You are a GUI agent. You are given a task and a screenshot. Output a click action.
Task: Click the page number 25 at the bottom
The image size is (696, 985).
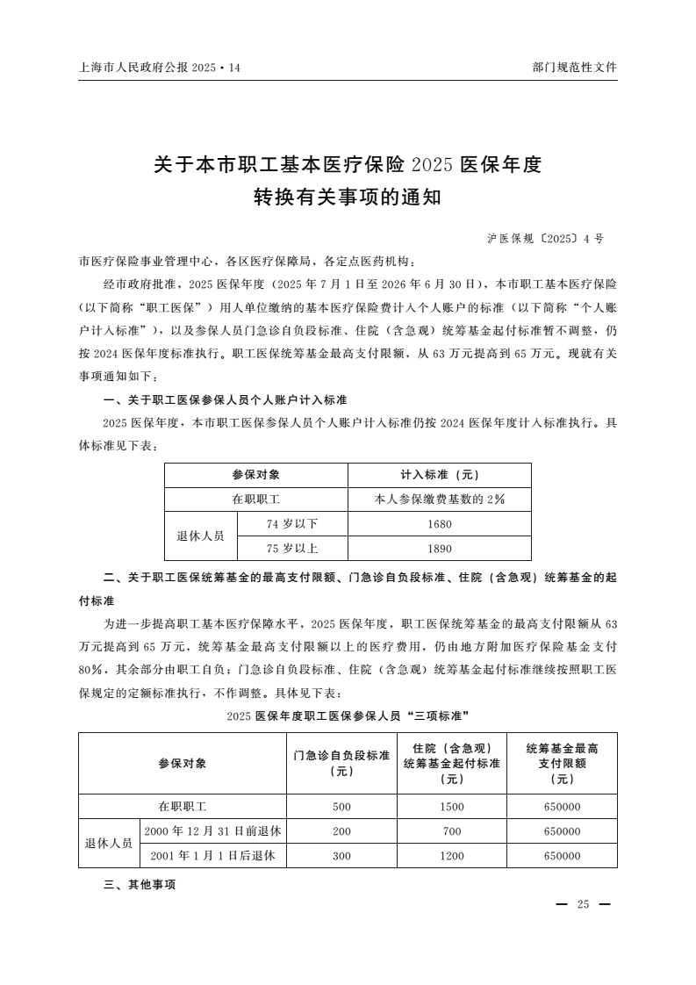click(583, 905)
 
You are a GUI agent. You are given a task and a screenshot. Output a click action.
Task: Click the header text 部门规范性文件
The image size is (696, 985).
click(574, 67)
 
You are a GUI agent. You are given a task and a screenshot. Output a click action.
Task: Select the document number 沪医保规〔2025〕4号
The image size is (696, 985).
click(545, 238)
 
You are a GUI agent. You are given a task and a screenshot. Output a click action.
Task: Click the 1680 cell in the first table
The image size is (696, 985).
click(439, 524)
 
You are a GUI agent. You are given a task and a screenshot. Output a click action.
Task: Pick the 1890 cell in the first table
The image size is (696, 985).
click(439, 549)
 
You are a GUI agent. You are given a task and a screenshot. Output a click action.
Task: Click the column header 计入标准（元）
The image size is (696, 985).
click(439, 475)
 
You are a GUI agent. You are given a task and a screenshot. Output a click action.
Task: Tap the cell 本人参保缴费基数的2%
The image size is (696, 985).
click(439, 500)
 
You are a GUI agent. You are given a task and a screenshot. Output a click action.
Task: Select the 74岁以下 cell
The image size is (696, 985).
click(292, 524)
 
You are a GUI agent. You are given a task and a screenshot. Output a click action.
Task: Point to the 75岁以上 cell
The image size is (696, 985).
click(292, 549)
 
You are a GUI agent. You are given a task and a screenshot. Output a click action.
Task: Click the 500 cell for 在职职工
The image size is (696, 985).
click(341, 806)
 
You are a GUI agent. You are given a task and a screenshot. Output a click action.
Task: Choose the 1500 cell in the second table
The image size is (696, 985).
click(451, 806)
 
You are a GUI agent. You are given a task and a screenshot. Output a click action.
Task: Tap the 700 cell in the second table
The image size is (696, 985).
click(451, 830)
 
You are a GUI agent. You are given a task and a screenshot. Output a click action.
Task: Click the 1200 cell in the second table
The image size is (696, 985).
click(451, 855)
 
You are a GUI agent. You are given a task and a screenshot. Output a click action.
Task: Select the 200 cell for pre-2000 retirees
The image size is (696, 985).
click(341, 830)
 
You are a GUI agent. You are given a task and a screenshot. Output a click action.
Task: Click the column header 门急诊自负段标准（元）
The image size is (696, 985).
click(341, 763)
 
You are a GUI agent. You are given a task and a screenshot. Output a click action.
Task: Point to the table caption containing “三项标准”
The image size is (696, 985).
click(348, 715)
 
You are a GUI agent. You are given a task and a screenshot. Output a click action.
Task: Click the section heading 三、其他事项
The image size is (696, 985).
click(140, 885)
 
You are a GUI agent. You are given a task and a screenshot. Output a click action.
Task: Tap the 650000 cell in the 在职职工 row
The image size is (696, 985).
click(562, 806)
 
